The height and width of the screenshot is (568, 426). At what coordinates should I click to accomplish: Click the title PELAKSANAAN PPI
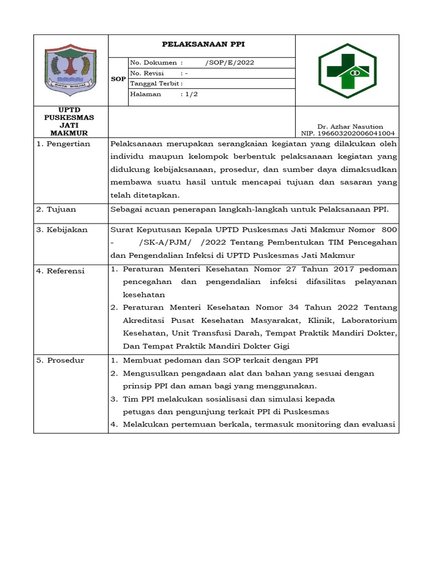tap(202, 44)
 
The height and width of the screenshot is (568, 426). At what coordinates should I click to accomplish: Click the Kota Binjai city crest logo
tap(70, 70)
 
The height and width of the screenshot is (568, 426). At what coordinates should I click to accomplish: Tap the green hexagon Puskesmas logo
tap(347, 70)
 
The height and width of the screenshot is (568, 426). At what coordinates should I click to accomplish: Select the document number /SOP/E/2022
tap(230, 63)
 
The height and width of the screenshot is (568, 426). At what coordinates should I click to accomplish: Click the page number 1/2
tap(191, 94)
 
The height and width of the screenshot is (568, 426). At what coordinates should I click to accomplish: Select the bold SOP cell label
tap(118, 79)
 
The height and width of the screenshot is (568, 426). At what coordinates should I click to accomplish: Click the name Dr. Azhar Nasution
tap(350, 126)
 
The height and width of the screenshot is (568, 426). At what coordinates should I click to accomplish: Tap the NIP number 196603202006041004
tap(348, 134)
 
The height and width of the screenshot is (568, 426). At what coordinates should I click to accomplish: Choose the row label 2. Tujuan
tap(56, 210)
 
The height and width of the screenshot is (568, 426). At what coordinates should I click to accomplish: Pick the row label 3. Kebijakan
tap(62, 230)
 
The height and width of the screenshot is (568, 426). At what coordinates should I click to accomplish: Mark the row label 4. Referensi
tap(60, 271)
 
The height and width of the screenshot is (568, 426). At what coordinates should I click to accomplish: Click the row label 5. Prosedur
tap(60, 361)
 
